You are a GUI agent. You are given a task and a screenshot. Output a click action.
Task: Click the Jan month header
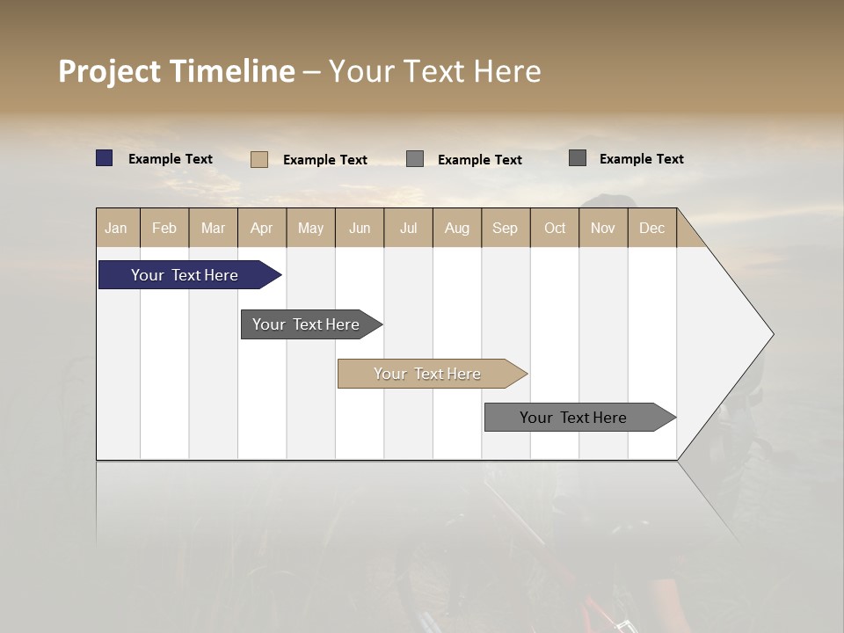point(116,228)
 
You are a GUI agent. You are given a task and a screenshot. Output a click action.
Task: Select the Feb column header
point(164,228)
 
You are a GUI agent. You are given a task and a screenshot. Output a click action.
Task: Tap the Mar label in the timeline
point(213,228)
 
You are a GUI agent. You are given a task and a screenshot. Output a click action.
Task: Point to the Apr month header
point(261,228)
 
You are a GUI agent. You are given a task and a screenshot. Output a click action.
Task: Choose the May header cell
point(310,228)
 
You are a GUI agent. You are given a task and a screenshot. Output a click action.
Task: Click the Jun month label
point(360,228)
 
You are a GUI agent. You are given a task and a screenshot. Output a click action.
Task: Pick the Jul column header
point(408,228)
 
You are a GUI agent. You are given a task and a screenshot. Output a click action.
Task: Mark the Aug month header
point(456,228)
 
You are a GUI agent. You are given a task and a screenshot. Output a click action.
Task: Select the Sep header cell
point(505,228)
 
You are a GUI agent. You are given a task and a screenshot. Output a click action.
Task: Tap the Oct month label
point(555,228)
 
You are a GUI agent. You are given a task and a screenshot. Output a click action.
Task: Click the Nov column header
point(603,228)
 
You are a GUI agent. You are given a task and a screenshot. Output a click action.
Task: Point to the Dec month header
point(651,228)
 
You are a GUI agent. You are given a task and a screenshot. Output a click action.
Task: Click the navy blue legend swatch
point(105,158)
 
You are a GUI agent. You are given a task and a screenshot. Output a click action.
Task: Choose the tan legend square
point(259,159)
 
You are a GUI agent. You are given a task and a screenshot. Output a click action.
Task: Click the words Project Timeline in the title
point(176,71)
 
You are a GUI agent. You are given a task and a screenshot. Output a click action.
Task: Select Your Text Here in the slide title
point(434,71)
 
